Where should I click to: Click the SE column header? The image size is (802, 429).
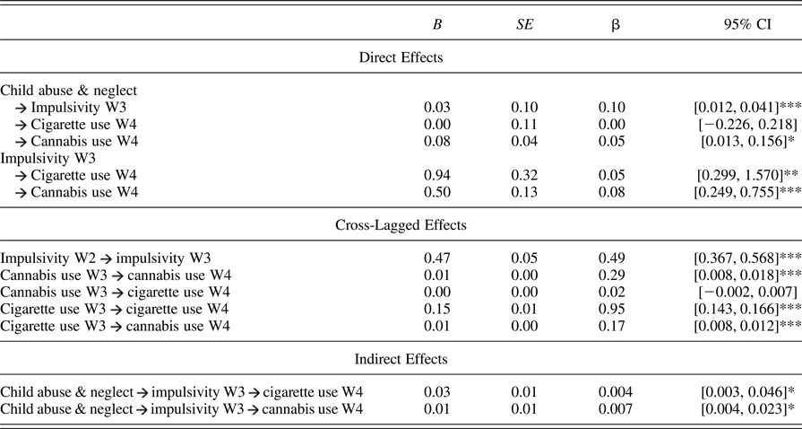518,24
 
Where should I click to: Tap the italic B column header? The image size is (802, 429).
436,24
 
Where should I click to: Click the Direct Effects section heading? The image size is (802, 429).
401,58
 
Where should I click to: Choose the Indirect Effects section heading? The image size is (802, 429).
401,359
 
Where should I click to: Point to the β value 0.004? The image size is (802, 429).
612,392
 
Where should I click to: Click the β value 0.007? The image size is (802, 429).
612,409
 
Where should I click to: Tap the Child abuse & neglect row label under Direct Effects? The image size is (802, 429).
63,90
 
